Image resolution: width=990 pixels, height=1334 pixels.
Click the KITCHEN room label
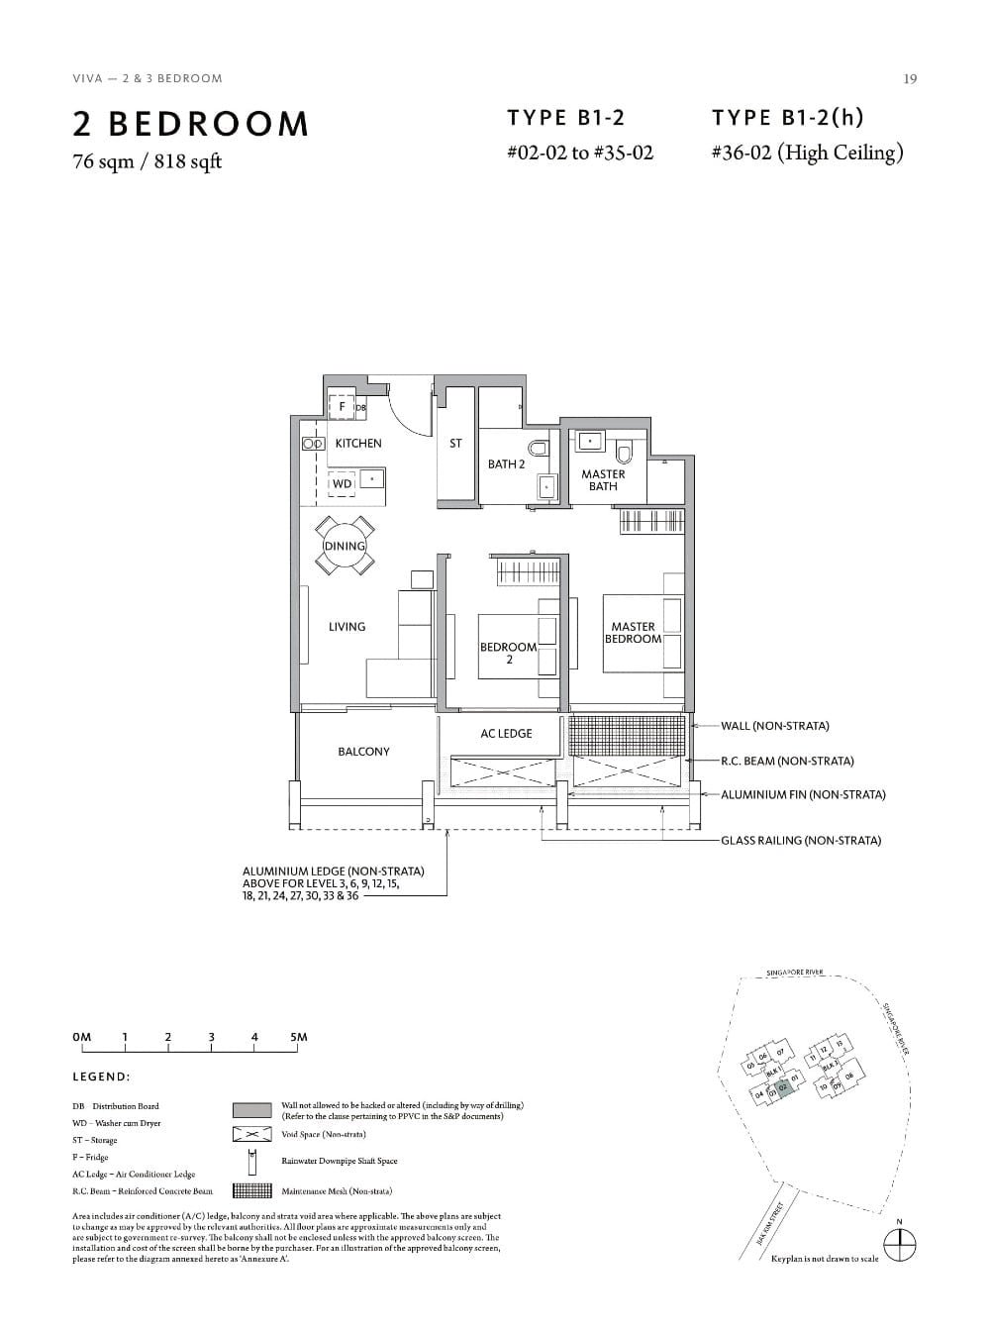point(357,444)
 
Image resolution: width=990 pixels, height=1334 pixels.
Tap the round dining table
point(345,546)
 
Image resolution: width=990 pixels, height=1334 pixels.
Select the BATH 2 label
point(506,464)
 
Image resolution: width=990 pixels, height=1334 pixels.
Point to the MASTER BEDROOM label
point(633,633)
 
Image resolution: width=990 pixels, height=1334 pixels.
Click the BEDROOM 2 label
point(508,653)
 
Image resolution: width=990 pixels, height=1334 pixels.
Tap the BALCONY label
point(363,752)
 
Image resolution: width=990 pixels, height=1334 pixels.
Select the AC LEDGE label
point(506,734)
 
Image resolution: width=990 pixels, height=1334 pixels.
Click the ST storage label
point(455,444)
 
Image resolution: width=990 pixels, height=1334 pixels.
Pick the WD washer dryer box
point(342,484)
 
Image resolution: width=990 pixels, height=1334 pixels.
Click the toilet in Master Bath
point(624,453)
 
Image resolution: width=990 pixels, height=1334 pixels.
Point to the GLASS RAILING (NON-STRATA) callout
point(800,841)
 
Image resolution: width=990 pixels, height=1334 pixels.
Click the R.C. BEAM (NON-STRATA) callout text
point(787,762)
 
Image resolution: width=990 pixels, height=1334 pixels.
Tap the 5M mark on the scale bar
point(299,1038)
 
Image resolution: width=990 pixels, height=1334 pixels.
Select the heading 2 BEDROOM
point(191,125)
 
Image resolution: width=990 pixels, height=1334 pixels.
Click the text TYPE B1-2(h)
point(787,118)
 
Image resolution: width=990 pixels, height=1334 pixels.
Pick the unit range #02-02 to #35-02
point(579,154)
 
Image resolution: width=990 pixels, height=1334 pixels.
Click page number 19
point(910,79)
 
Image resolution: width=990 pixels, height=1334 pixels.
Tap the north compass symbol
point(898,1245)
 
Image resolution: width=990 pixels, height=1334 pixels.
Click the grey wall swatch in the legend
point(251,1110)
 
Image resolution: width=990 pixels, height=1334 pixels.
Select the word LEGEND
point(101,1077)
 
